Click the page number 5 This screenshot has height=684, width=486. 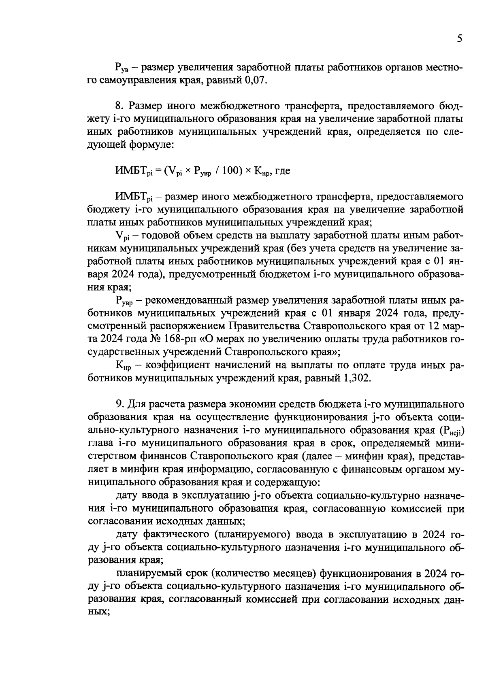click(459, 39)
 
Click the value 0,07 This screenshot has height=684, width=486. click(256, 80)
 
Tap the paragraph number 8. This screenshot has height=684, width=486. click(119, 106)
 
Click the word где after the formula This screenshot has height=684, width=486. click(282, 171)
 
